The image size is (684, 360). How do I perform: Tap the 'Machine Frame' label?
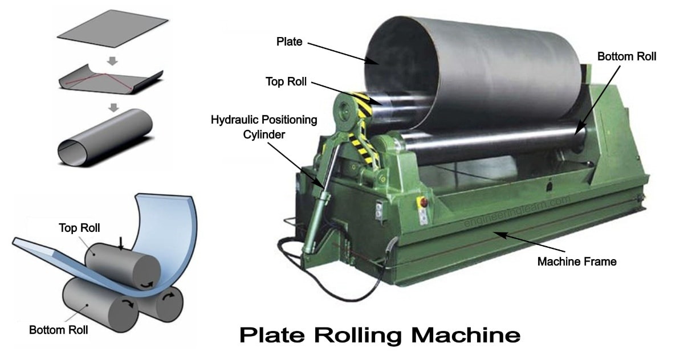point(577,261)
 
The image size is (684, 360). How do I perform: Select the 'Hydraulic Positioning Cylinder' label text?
point(264,126)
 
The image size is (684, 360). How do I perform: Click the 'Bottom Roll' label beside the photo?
point(626,57)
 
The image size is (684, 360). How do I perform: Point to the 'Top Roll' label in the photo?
point(286,82)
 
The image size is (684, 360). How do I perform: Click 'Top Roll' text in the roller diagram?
point(80,228)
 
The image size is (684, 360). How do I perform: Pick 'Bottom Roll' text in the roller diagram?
point(58,329)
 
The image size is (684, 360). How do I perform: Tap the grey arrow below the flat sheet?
point(112,60)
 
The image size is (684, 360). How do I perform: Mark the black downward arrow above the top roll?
point(120,244)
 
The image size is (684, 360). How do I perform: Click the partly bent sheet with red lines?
point(111,79)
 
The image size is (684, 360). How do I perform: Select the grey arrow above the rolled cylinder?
point(112,107)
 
